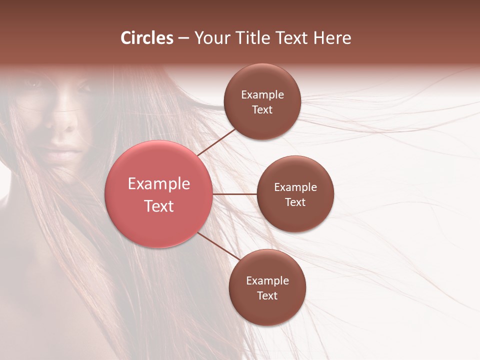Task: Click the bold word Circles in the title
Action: click(x=147, y=38)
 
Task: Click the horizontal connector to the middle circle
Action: click(x=234, y=194)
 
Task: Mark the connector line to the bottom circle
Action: click(x=218, y=245)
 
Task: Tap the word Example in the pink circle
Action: click(x=159, y=184)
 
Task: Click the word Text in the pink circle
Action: click(x=159, y=206)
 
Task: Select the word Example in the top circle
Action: click(x=262, y=95)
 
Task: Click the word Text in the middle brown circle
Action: click(x=295, y=202)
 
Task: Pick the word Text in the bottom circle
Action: click(x=267, y=295)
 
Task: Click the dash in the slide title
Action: click(x=183, y=38)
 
